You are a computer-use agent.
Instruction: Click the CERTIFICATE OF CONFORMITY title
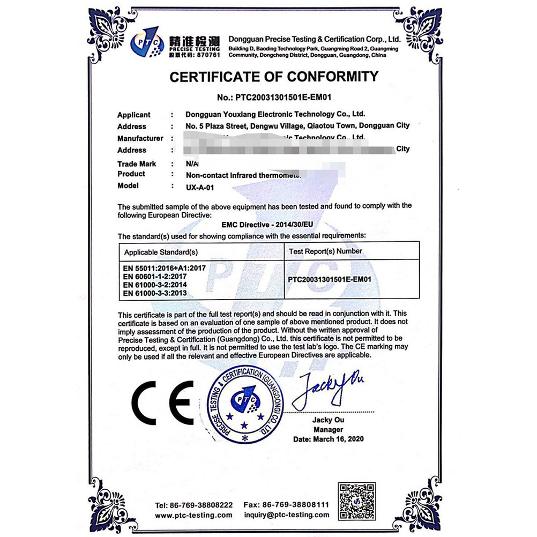(274, 77)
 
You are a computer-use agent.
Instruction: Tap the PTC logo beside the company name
(147, 42)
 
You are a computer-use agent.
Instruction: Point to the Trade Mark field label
(137, 163)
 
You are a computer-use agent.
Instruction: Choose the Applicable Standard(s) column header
(161, 251)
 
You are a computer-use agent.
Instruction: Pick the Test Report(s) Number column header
(325, 251)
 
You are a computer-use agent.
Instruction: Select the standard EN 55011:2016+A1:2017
(165, 267)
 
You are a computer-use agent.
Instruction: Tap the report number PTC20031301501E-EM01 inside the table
(330, 279)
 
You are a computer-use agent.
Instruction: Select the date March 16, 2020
(329, 439)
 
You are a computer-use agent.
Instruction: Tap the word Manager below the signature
(329, 429)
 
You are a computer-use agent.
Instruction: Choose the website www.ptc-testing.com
(193, 516)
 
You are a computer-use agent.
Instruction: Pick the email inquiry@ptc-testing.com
(287, 516)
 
